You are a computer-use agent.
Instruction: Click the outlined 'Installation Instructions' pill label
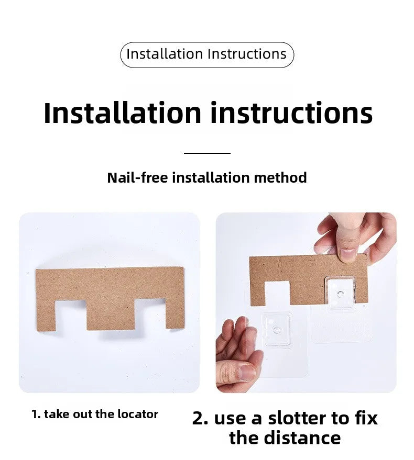(x=207, y=55)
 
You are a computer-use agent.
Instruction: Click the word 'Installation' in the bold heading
(x=122, y=113)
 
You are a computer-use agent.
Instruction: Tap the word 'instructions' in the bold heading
(x=291, y=113)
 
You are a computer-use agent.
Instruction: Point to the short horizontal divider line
(x=207, y=153)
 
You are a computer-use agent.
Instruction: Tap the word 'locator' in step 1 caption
(x=138, y=414)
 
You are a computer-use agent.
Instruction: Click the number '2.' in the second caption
(x=200, y=418)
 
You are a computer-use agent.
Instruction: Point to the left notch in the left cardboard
(x=71, y=315)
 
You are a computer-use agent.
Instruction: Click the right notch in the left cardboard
(x=150, y=313)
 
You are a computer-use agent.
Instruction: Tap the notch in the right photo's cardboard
(x=277, y=293)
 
